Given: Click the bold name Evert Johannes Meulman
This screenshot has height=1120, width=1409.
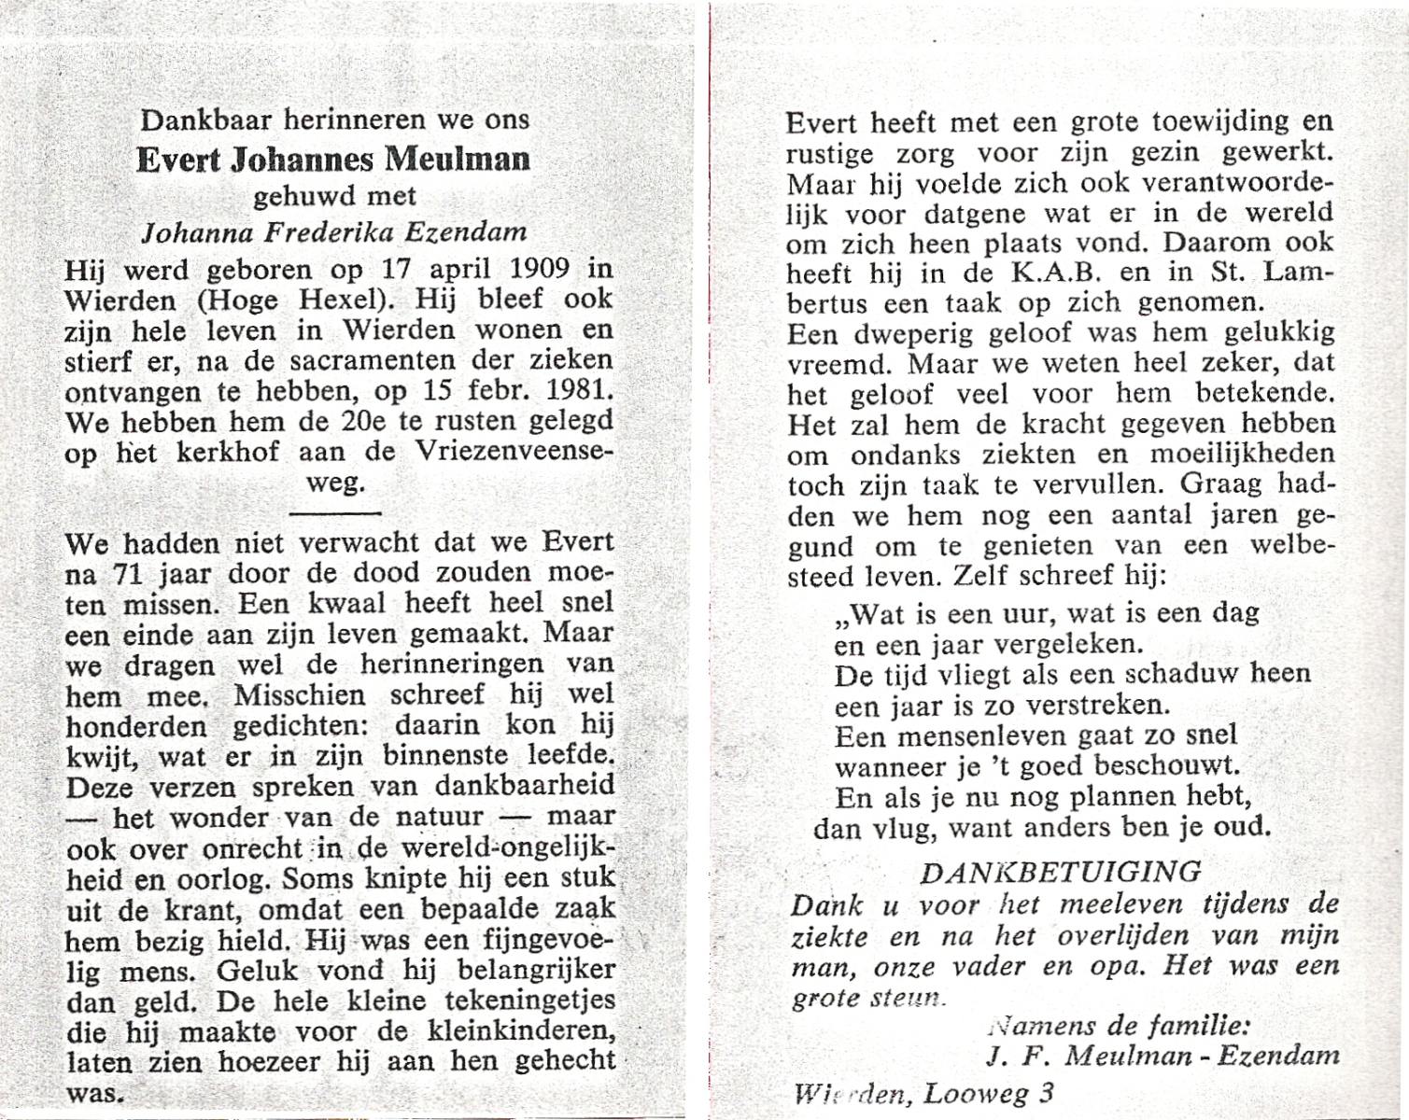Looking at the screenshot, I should click(333, 160).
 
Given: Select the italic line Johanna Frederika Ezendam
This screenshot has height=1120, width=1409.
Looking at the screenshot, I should click(334, 232).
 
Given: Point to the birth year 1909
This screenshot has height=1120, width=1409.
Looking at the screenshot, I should click(529, 269).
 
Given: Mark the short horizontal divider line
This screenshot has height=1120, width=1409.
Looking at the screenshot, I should click(335, 512).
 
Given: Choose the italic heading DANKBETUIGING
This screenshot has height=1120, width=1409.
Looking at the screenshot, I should click(1062, 872).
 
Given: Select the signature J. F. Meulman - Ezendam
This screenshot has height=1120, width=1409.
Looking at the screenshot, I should click(1162, 1056).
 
